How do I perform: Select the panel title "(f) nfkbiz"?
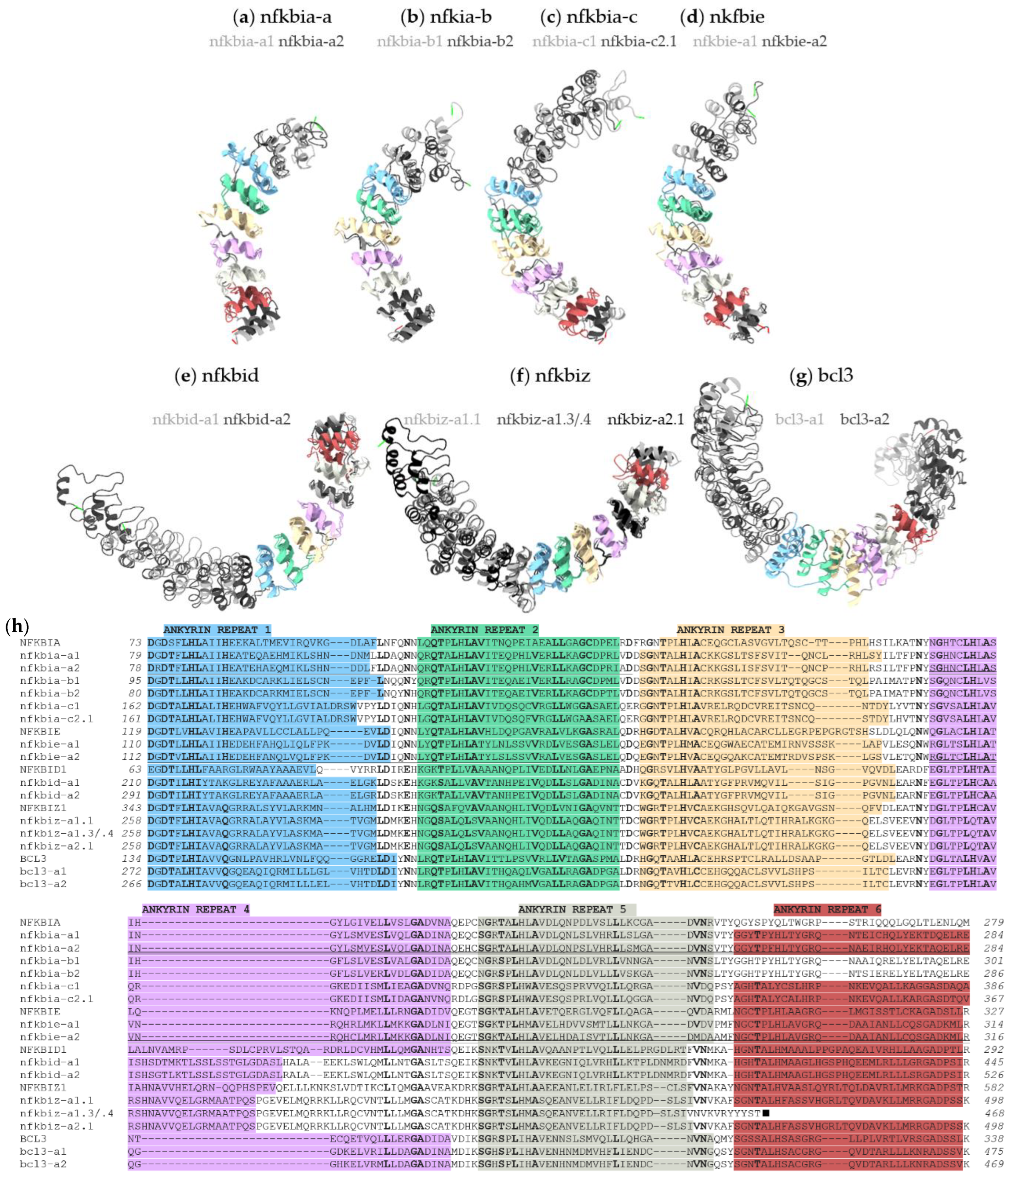coord(549,376)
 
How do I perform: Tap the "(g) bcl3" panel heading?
coord(821,376)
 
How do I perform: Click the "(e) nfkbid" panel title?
coord(217,376)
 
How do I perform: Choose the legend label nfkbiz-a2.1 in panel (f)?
coord(645,420)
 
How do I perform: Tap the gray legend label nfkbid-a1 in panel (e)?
coord(185,420)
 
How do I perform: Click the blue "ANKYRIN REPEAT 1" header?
coord(217,630)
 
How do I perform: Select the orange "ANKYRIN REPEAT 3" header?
coord(730,630)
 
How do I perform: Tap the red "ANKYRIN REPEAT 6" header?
coord(827,910)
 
